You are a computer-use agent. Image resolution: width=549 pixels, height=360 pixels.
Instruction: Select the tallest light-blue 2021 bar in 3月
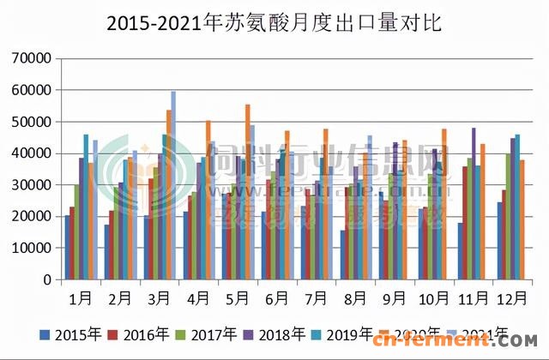tap(173, 184)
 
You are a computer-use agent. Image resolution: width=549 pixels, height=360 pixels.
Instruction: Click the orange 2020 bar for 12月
tap(522, 219)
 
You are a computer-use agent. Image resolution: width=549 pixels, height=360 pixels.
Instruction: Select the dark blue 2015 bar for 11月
tap(461, 251)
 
